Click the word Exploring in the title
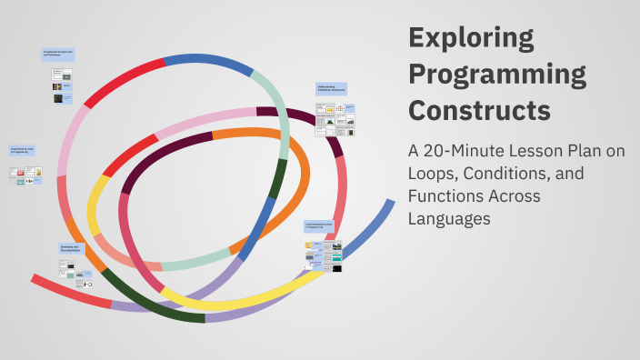coord(470,38)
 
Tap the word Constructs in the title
coord(479,109)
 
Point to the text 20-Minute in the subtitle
coord(469,152)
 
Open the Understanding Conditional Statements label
coord(332,89)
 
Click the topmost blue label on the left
coord(58,55)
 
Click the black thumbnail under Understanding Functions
coord(336,268)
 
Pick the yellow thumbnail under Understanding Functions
coord(309,245)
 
